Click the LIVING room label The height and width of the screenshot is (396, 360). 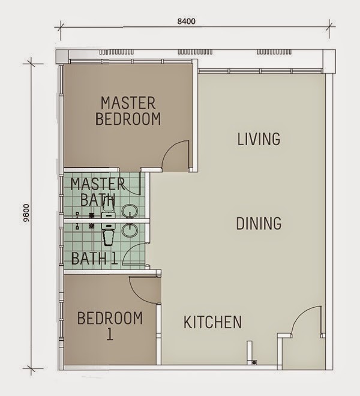pos(259,139)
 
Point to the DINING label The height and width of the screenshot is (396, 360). pos(259,224)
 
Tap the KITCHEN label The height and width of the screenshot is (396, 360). pos(212,322)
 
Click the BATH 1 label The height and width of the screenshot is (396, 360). pos(94,259)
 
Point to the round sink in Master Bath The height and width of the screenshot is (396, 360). pos(130,211)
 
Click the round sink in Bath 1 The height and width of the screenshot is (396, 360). pos(130,229)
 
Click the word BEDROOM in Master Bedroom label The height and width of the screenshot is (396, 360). pos(128,119)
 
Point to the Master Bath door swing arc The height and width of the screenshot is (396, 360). pos(133,183)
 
